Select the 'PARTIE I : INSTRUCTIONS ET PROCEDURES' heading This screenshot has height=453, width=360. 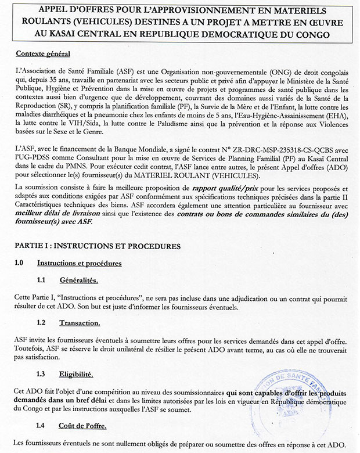click(x=94, y=246)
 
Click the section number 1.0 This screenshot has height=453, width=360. click(x=18, y=263)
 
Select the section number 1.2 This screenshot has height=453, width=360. click(x=41, y=323)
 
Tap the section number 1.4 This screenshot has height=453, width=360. click(x=41, y=426)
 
